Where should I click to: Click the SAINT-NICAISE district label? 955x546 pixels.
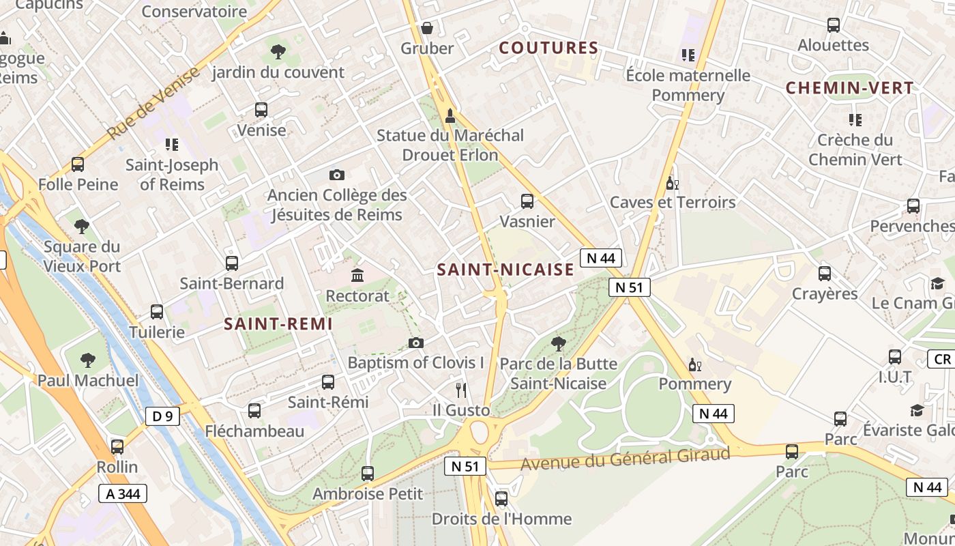point(505,270)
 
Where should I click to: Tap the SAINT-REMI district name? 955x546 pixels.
point(278,324)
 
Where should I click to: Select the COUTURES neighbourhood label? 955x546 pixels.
point(548,48)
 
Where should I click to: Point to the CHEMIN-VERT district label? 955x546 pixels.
point(849,88)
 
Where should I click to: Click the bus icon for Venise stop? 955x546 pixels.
point(261,110)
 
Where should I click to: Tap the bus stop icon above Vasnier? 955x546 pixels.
point(527,201)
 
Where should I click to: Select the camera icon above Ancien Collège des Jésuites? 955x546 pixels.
point(336,175)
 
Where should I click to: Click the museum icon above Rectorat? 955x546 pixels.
point(357,276)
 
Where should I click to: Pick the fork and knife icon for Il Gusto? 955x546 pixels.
point(461,390)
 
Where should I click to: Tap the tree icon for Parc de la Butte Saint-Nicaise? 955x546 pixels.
point(558,343)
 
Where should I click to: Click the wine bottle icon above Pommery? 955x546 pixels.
point(694,364)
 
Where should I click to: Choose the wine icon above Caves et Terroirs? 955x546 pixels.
point(672,183)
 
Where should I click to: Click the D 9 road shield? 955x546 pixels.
point(162,416)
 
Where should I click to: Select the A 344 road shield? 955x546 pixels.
point(123,493)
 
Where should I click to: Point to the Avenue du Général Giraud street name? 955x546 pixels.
point(625,459)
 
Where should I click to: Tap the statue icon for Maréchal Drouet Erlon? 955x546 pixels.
point(450,116)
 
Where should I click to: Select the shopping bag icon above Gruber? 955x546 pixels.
point(427,28)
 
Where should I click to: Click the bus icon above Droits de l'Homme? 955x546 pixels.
point(501,499)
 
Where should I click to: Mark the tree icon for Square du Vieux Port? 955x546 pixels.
point(82,227)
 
